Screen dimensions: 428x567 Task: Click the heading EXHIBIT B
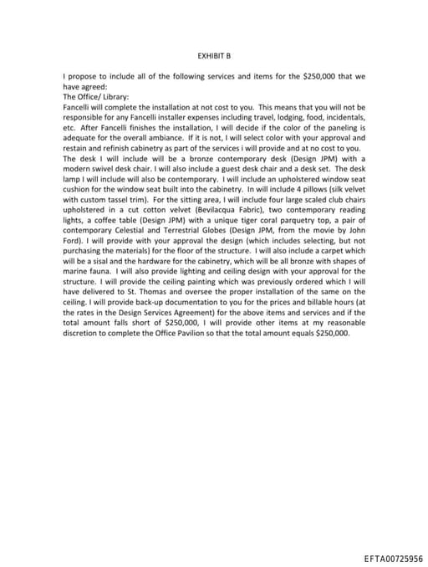[213, 55]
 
